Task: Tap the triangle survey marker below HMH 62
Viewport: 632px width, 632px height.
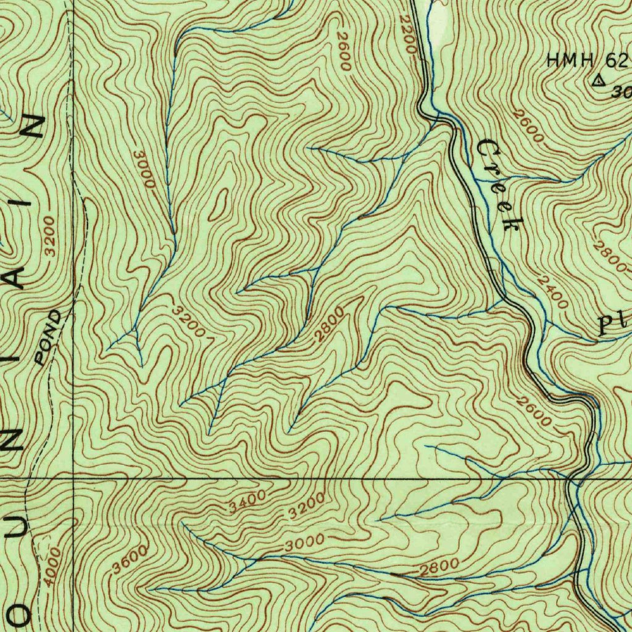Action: point(597,80)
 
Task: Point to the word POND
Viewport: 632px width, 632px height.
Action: point(48,338)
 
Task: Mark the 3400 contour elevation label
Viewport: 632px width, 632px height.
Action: point(247,501)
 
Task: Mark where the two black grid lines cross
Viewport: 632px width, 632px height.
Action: point(73,477)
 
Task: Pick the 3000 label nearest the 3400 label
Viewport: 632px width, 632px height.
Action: point(305,543)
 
